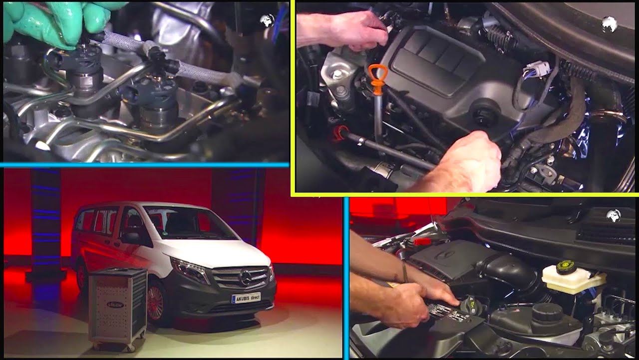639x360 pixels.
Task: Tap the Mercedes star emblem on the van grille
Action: [245, 276]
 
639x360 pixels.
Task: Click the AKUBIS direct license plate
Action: [246, 298]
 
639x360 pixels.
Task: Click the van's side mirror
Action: [131, 238]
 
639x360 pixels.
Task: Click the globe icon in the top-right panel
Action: [609, 24]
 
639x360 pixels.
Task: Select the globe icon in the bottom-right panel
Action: [613, 215]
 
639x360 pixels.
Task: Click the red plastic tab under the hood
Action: [422, 241]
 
